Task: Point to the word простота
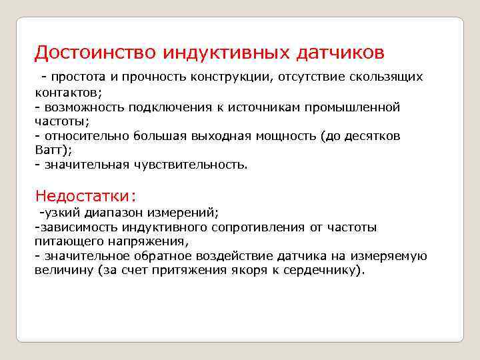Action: tap(80, 77)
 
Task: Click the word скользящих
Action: tap(390, 77)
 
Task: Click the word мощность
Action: tap(285, 136)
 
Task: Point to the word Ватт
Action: tap(49, 150)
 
